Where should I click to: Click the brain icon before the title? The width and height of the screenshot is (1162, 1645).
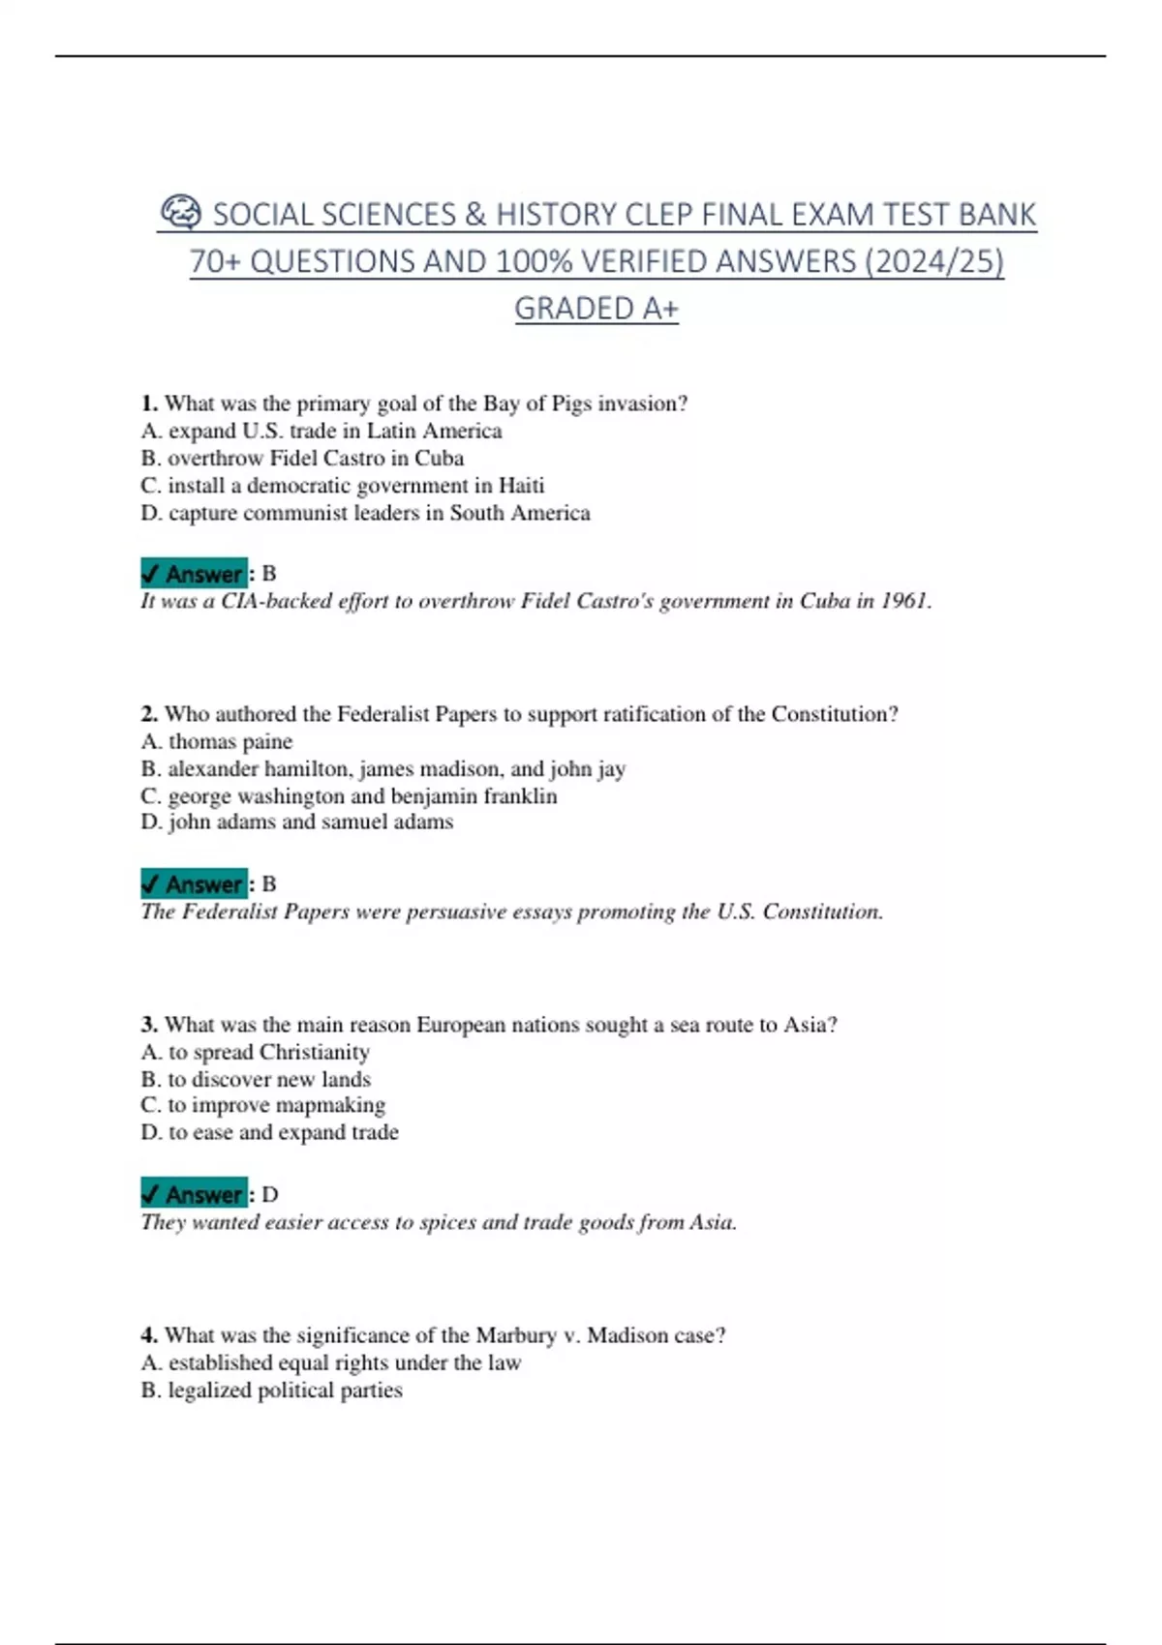[181, 212]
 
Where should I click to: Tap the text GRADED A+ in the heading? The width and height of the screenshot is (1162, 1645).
[596, 309]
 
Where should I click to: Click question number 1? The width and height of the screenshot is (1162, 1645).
[148, 404]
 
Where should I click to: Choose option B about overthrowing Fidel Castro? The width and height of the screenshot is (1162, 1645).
[302, 458]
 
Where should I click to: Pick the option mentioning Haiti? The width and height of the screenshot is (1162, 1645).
[342, 485]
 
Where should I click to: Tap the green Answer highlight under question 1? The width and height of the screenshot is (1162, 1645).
[195, 574]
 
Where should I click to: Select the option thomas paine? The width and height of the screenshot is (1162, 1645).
[217, 741]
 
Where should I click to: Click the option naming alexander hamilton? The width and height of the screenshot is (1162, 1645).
[383, 768]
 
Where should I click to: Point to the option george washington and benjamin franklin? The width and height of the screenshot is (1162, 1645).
[349, 795]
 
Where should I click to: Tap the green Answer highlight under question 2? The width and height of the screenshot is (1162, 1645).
[195, 884]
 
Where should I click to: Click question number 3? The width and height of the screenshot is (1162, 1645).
[148, 1025]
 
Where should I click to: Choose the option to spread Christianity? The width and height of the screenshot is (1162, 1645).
[256, 1052]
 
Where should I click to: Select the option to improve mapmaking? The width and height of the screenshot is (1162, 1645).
[263, 1105]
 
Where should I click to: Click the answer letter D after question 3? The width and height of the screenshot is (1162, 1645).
[270, 1195]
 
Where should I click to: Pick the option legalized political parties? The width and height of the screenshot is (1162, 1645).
[272, 1390]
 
